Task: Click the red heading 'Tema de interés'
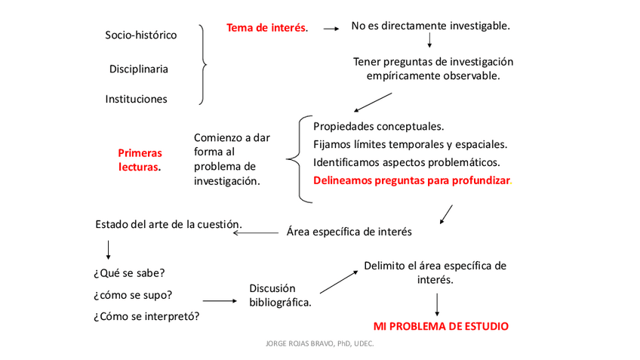[x=266, y=28]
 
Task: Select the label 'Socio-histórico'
[x=141, y=35]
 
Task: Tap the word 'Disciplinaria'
[x=138, y=69]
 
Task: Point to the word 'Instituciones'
[x=137, y=99]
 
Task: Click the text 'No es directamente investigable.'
[x=430, y=26]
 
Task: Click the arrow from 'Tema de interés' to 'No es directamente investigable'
[x=330, y=29]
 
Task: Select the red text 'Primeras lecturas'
[x=140, y=160]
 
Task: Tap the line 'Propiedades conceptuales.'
[x=378, y=125]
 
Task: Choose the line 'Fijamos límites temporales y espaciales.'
[x=410, y=143]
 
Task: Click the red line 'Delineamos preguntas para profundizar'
[x=411, y=181]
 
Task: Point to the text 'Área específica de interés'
[x=349, y=232]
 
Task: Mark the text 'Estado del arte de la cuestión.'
[x=168, y=224]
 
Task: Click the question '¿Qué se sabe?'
[x=130, y=272]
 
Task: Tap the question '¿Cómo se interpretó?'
[x=146, y=315]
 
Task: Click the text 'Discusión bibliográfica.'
[x=280, y=295]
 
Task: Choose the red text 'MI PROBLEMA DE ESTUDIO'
[x=441, y=327]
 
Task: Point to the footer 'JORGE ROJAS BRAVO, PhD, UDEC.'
[x=320, y=343]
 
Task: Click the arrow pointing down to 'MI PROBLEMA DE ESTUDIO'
[x=437, y=303]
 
